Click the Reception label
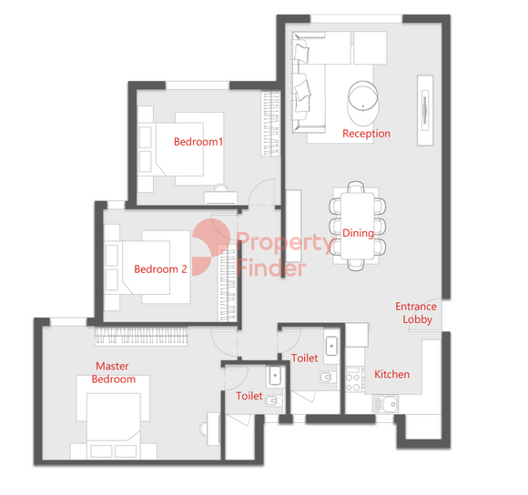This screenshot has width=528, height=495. tap(366, 134)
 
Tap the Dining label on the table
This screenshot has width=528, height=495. tap(358, 233)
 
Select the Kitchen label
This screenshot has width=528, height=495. tap(392, 374)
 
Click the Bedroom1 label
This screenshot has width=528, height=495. tap(198, 142)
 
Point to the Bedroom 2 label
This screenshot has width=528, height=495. tap(160, 268)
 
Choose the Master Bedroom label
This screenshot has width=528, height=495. tap(114, 372)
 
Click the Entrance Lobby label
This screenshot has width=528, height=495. tap(416, 313)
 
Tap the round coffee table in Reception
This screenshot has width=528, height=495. tap(363, 95)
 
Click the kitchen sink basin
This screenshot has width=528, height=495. tap(386, 404)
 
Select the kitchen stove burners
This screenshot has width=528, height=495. tap(354, 379)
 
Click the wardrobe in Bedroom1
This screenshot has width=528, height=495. tap(270, 123)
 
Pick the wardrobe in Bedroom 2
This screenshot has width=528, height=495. tap(228, 283)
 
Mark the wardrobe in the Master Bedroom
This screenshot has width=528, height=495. tap(141, 336)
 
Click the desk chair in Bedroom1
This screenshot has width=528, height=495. tap(220, 187)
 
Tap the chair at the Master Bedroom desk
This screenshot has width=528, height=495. tap(203, 429)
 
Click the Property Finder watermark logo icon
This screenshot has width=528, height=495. tap(211, 247)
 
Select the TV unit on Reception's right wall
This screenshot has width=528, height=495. tap(425, 110)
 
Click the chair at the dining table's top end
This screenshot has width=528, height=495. tap(356, 187)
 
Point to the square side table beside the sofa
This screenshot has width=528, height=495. tap(371, 48)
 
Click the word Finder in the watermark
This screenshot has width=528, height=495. tap(271, 268)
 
